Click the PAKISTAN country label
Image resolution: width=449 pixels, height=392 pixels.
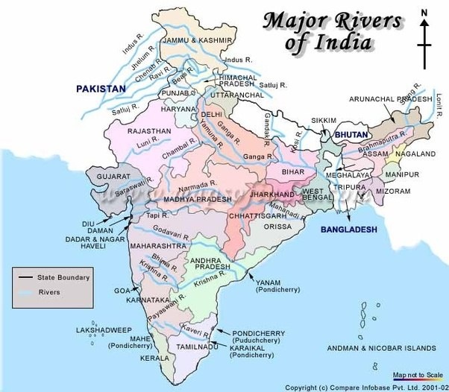pos(101,89)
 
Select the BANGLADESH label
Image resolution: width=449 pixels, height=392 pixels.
pos(348,230)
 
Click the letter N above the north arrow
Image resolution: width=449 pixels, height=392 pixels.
pos(424,13)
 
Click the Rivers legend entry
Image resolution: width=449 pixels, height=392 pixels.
pos(52,292)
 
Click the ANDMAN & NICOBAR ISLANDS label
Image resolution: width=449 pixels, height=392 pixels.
pos(382,348)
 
